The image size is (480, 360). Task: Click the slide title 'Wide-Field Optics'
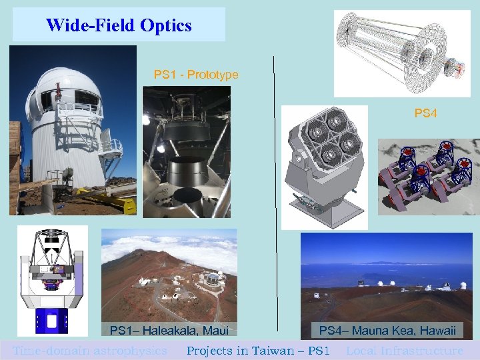tap(119, 25)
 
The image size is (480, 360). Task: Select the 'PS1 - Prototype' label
tap(195, 74)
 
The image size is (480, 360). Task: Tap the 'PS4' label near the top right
tap(425, 113)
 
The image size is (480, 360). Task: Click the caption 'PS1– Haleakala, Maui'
tap(169, 330)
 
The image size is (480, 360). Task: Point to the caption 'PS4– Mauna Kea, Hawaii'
tap(387, 330)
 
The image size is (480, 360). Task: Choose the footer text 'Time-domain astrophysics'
tap(90, 350)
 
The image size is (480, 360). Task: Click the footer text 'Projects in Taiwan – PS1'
tap(258, 350)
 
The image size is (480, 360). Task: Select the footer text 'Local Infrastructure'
tap(405, 350)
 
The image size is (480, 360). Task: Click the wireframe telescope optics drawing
tap(402, 53)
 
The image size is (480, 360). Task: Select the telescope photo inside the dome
tap(186, 153)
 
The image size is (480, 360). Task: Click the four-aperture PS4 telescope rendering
tap(324, 167)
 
